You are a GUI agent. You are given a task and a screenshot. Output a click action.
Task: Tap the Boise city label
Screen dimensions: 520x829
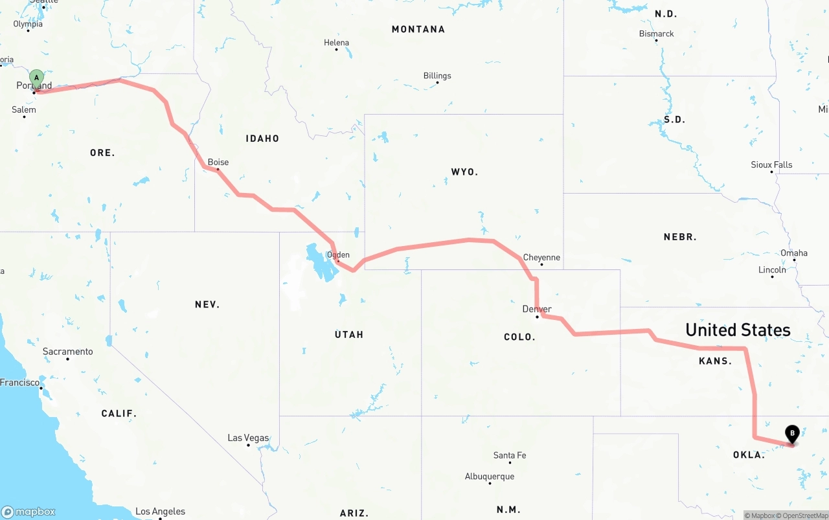coord(218,162)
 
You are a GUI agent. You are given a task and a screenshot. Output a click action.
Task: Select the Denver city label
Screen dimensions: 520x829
coord(537,309)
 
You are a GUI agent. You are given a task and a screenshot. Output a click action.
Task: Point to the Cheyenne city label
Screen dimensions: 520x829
coord(541,257)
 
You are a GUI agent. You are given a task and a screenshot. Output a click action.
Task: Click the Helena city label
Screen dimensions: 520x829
coord(336,43)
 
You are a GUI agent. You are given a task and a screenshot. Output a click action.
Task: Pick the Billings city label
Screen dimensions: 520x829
coord(437,76)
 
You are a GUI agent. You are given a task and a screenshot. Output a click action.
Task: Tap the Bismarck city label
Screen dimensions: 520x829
coord(656,34)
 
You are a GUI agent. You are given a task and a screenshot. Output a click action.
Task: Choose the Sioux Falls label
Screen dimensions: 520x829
coord(771,164)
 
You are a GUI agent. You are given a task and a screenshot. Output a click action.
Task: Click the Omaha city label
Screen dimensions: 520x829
coord(794,253)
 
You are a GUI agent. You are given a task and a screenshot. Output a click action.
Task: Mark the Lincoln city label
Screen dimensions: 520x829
coord(772,269)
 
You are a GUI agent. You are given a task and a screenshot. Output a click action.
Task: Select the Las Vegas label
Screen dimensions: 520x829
coord(248,438)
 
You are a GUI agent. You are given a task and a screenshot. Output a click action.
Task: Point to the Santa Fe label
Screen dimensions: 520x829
coord(510,455)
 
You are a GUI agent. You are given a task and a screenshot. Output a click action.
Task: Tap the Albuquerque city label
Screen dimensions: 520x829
coord(490,477)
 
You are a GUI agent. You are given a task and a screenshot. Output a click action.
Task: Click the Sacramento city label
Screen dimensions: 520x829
coord(67,352)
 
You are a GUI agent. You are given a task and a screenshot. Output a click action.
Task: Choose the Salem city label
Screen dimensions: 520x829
coord(24,109)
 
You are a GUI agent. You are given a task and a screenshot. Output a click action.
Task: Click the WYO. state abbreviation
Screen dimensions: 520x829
coord(464,172)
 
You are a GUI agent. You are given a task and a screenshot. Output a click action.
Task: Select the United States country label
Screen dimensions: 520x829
coord(738,330)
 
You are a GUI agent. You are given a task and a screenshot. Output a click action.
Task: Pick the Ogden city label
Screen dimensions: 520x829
coord(338,254)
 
